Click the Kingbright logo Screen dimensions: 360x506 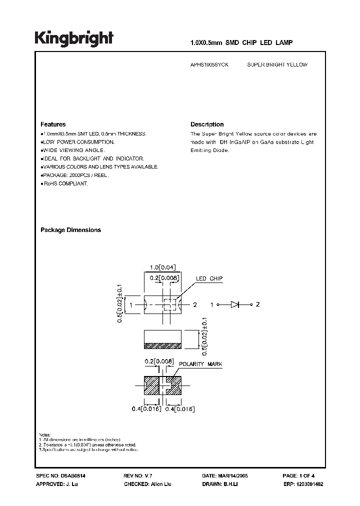pos(73,38)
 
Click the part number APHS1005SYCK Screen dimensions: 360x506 pos(210,65)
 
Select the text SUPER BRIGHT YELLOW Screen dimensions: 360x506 pos(277,65)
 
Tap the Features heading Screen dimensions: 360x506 pos(52,124)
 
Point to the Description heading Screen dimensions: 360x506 pos(207,124)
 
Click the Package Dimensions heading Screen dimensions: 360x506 pos(70,230)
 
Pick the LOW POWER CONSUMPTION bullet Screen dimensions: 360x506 pos(78,142)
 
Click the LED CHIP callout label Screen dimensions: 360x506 pos(209,278)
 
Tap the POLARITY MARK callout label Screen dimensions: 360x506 pos(201,364)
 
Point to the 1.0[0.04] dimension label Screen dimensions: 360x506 pos(162,268)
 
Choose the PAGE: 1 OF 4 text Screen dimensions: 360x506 pos(298,477)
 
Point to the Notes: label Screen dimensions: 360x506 pos(45,434)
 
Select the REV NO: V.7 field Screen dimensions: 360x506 pos(140,477)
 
